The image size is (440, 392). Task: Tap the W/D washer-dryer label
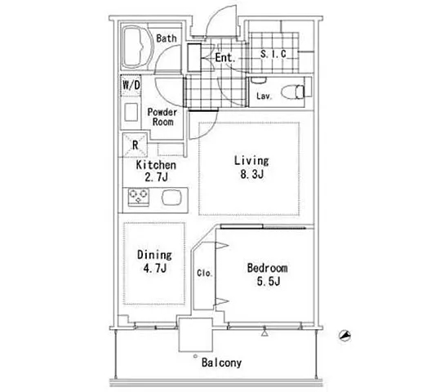131,85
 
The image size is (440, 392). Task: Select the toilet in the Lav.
293,91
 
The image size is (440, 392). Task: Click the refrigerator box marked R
135,145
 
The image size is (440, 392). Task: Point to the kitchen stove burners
138,197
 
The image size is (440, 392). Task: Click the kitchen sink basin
171,197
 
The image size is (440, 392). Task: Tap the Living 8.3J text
251,167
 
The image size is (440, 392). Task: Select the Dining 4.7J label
154,261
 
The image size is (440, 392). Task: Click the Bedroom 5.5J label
268,274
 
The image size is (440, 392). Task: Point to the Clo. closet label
205,273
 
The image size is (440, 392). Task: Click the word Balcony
222,363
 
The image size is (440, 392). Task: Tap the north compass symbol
344,336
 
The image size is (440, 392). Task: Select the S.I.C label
273,54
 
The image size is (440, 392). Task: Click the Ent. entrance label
225,58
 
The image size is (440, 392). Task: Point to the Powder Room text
162,117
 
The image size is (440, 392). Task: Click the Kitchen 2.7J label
156,171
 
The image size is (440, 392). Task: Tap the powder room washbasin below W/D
131,113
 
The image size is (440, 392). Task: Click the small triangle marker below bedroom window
264,333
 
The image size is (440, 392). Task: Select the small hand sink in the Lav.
258,80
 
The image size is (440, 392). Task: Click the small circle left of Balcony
195,356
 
